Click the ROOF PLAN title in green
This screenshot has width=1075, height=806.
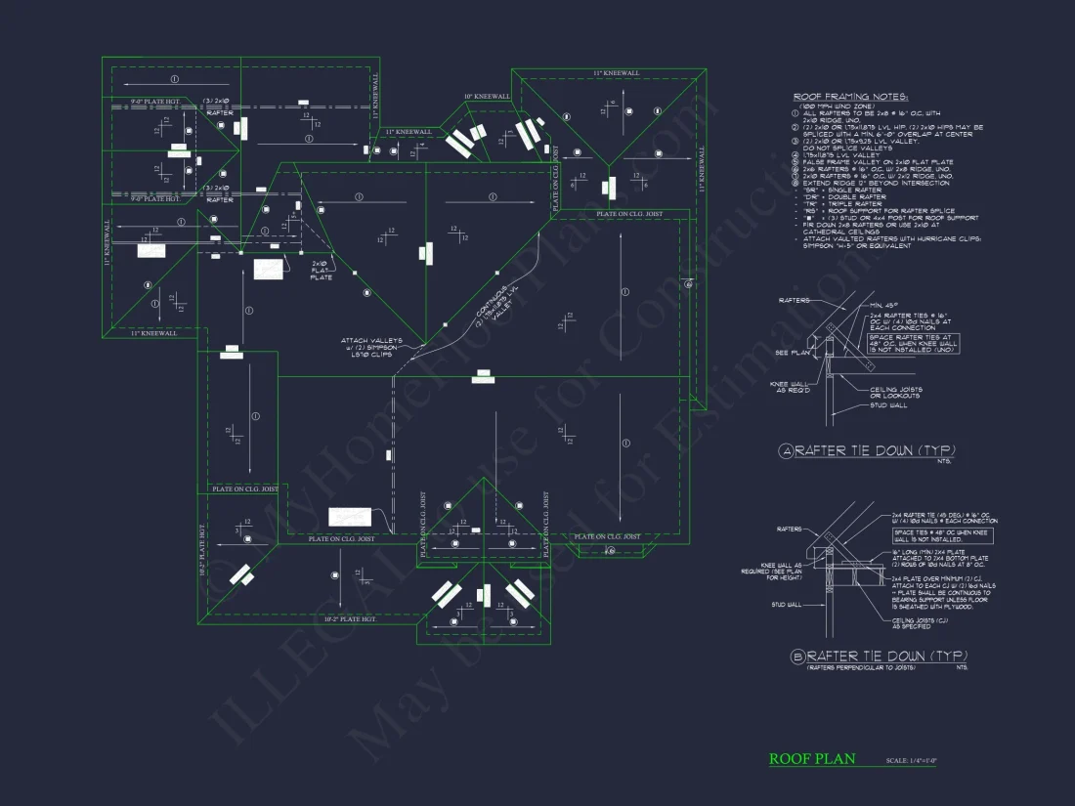tap(811, 759)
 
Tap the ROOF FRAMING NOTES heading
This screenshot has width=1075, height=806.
tap(850, 98)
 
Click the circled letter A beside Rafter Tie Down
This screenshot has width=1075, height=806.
tap(785, 450)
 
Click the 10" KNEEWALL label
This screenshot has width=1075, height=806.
tap(487, 97)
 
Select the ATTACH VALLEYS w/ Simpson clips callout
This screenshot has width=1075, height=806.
tap(365, 348)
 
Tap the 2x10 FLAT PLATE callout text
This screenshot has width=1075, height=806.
tap(322, 271)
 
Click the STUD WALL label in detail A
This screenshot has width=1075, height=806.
tap(889, 405)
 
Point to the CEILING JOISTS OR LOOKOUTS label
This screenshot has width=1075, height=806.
tap(895, 392)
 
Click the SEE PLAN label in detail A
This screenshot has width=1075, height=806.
tap(787, 353)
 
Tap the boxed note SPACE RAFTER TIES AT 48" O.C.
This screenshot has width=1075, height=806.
tap(913, 343)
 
